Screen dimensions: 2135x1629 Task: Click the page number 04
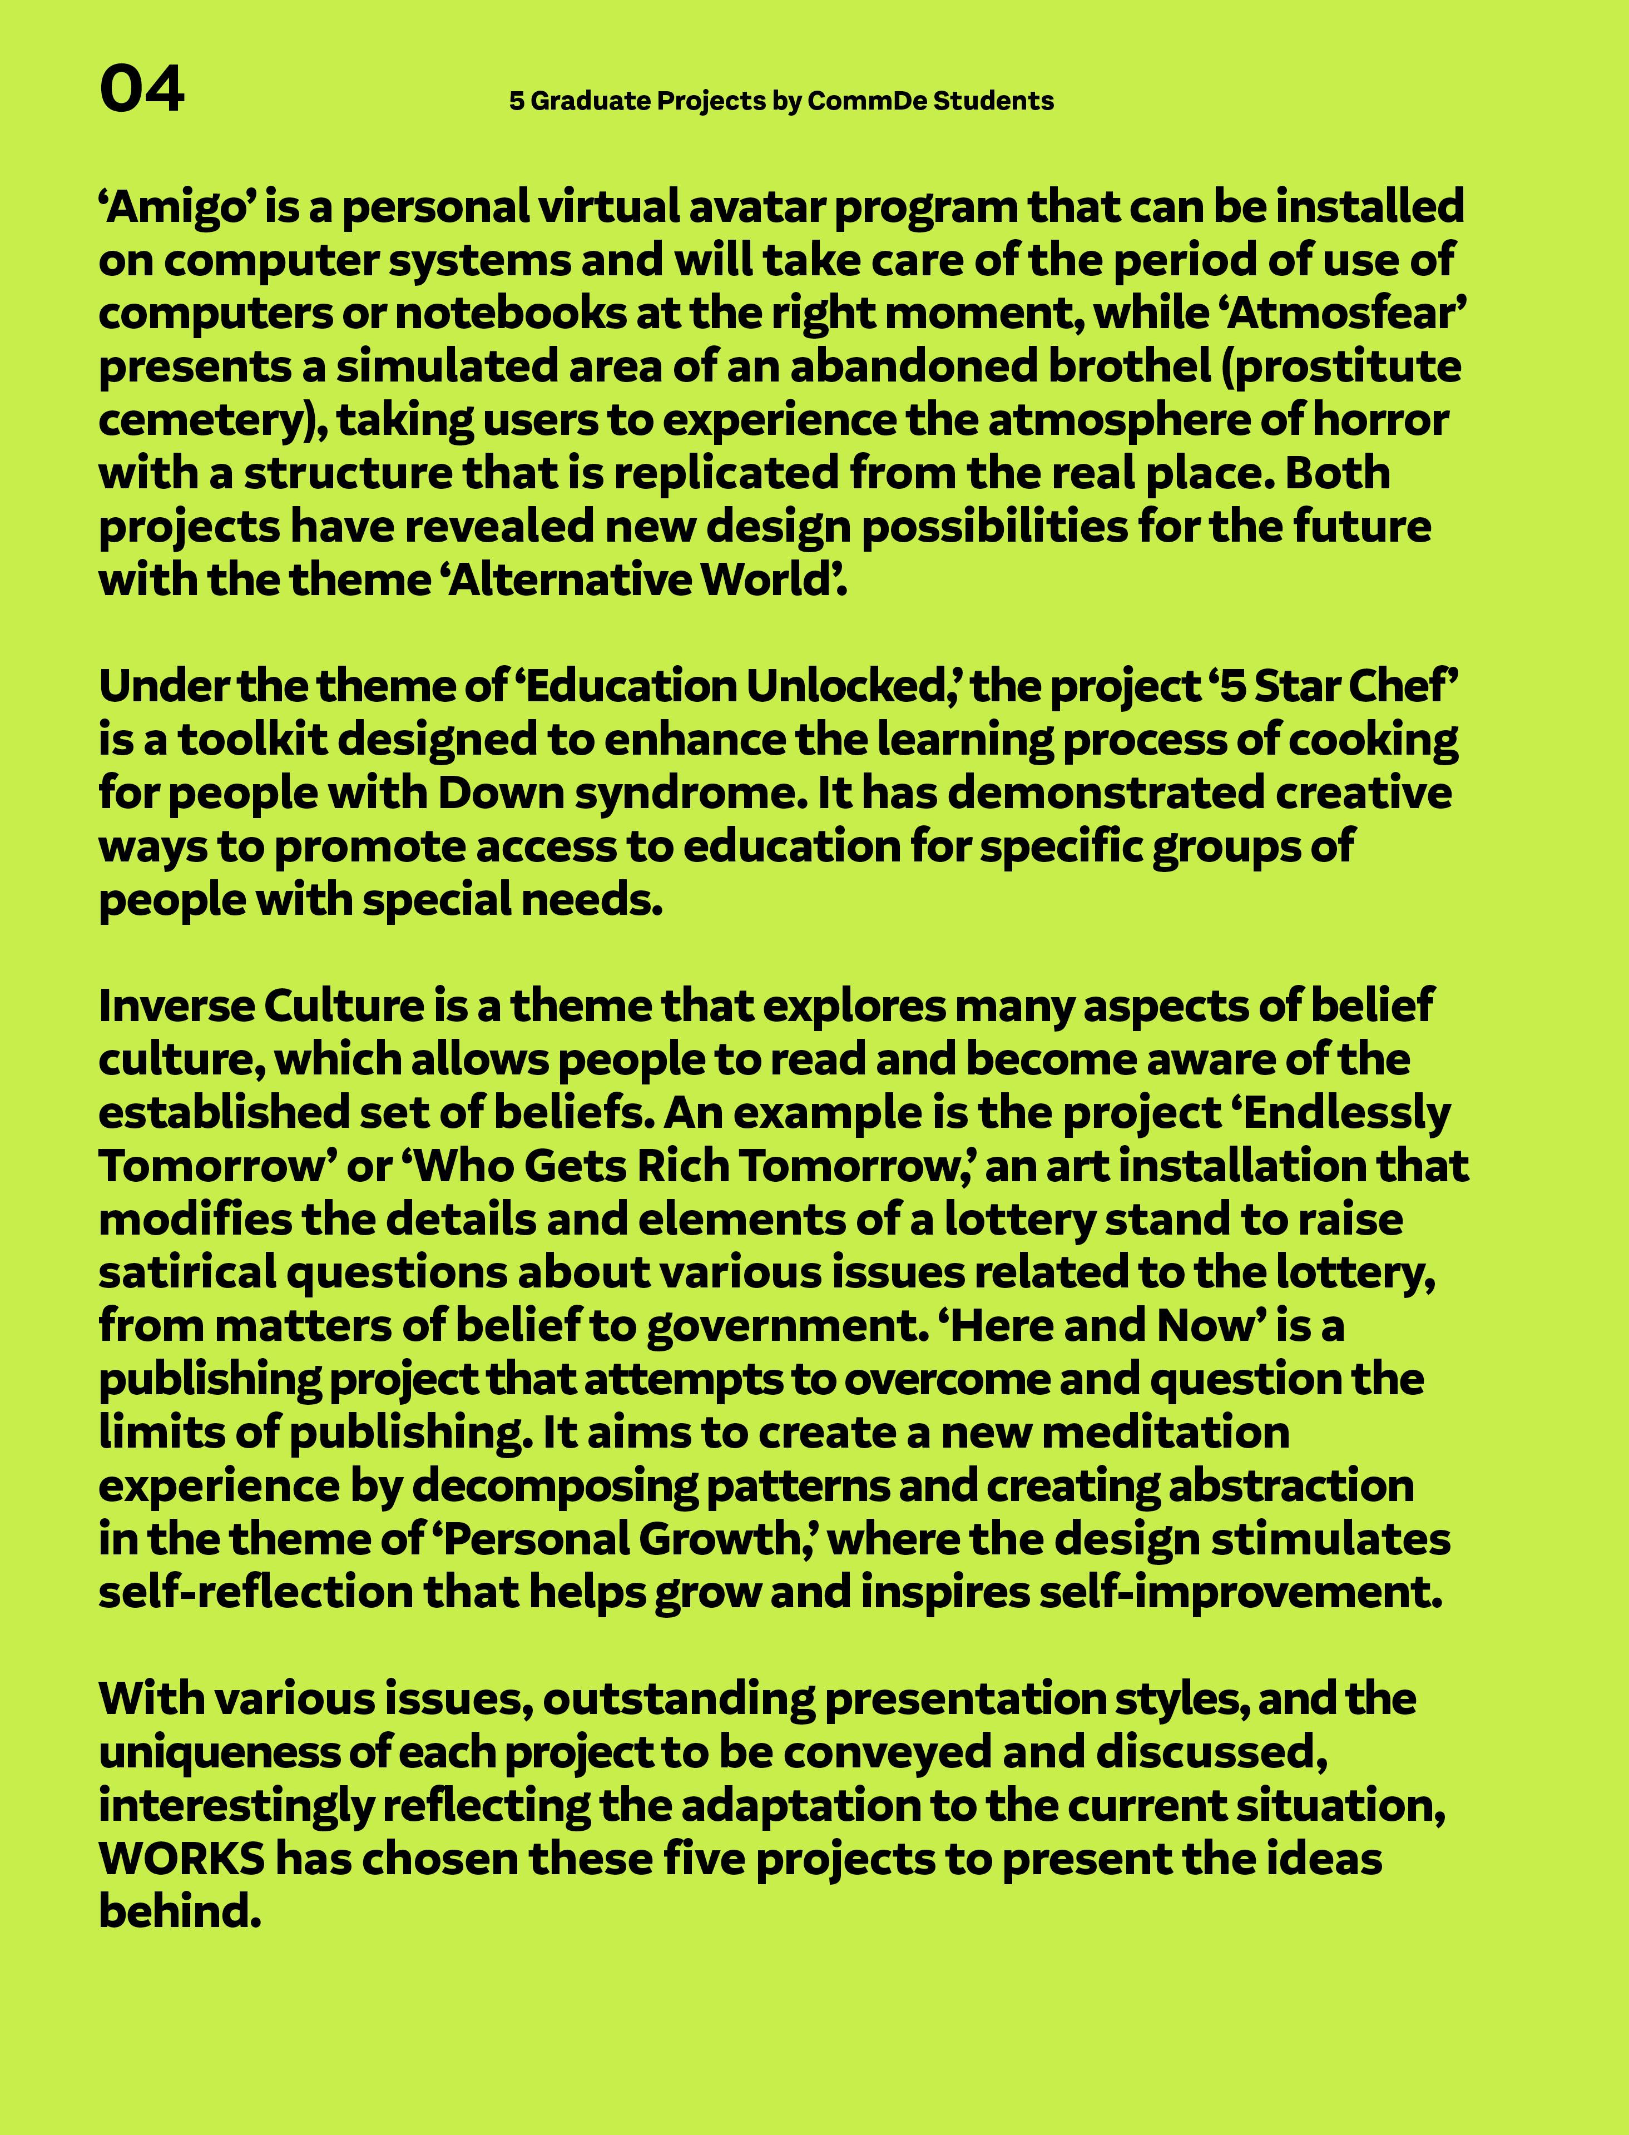142,90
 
